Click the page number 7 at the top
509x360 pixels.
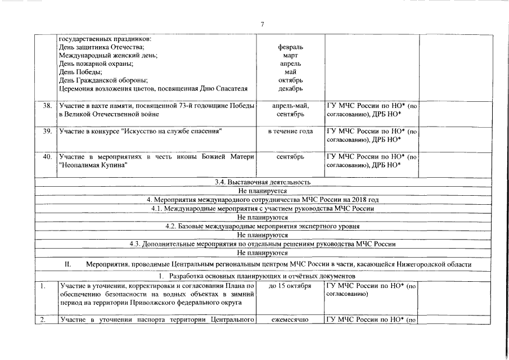click(x=262, y=24)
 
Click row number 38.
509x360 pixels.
click(x=47, y=106)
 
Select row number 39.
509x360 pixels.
click(x=47, y=131)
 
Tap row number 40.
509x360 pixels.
click(x=47, y=156)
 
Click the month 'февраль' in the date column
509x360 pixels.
click(x=291, y=47)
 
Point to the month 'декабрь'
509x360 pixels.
click(x=291, y=88)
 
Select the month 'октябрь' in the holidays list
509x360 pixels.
click(x=291, y=80)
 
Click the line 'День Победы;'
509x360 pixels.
click(x=80, y=72)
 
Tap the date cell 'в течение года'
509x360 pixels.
click(x=291, y=131)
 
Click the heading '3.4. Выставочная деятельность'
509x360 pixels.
click(x=262, y=182)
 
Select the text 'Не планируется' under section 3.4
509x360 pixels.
click(x=262, y=191)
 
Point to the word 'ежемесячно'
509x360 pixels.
click(x=291, y=320)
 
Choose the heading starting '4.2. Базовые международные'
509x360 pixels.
click(x=262, y=226)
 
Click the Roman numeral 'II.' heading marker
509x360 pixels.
click(x=67, y=264)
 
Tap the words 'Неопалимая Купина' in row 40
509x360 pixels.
click(x=93, y=165)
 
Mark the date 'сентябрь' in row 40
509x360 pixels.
click(x=291, y=156)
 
